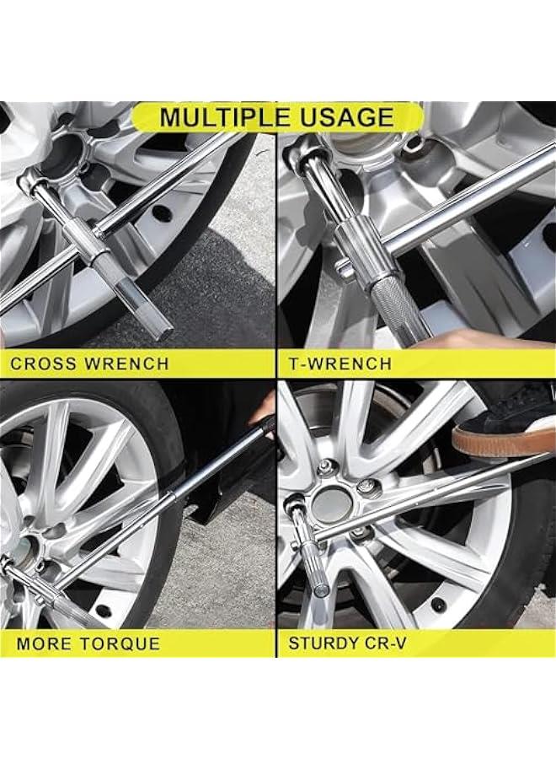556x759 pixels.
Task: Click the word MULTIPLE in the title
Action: pyautogui.click(x=223, y=117)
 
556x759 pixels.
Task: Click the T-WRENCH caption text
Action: pyautogui.click(x=340, y=364)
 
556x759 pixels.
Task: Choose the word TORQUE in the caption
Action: pyautogui.click(x=121, y=644)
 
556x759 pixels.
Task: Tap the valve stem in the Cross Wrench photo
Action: pyautogui.click(x=162, y=214)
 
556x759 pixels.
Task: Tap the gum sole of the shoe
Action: pyautogui.click(x=503, y=440)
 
